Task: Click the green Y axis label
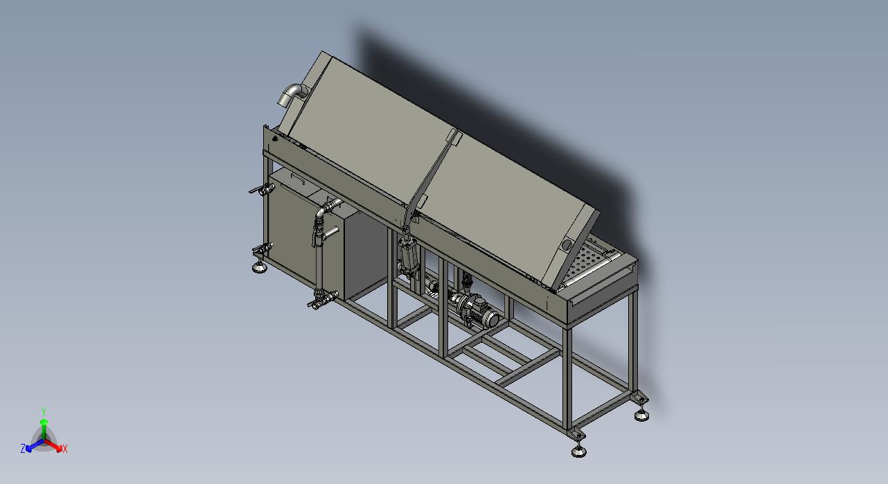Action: point(44,411)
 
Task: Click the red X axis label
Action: point(64,449)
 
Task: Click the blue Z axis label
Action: point(23,449)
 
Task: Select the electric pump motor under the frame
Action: point(474,307)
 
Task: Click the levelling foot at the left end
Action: point(260,267)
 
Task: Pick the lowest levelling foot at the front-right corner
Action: point(579,451)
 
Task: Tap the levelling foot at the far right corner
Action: point(641,415)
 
